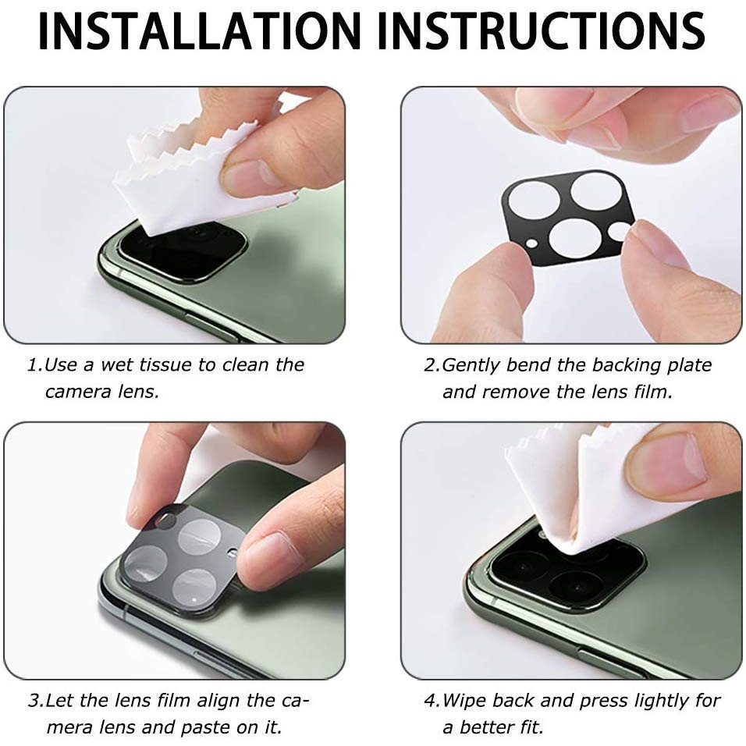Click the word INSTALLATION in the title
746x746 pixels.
point(200,31)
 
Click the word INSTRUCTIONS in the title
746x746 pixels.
point(542,31)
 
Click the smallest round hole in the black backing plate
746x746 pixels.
point(532,244)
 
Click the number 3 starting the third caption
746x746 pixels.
point(34,701)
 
